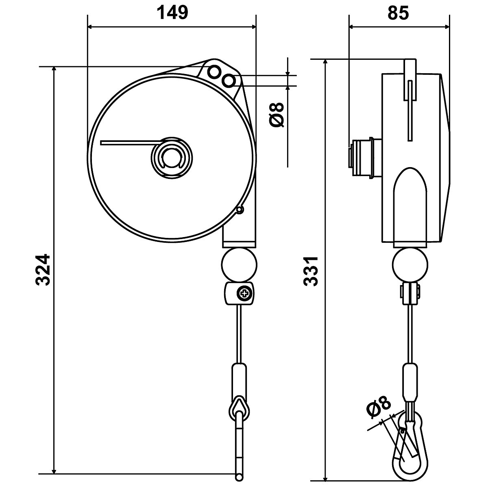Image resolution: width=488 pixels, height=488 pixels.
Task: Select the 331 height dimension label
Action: (x=311, y=271)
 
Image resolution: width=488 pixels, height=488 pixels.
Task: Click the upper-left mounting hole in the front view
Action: (x=213, y=72)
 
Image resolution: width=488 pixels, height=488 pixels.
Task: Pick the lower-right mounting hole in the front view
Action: (x=229, y=81)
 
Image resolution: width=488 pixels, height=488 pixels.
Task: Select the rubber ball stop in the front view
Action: (x=239, y=264)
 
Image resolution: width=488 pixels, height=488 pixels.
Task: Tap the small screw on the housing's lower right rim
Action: (x=240, y=210)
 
